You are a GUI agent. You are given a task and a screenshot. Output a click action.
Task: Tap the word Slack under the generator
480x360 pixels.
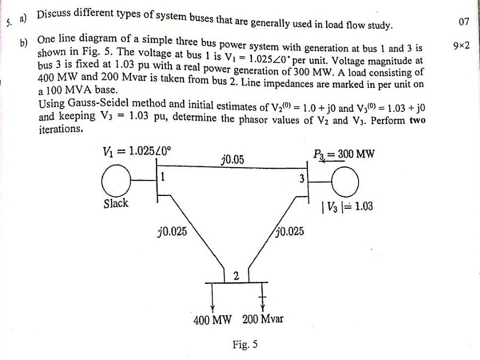(x=116, y=203)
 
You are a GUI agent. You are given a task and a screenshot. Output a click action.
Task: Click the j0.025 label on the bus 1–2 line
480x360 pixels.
(x=172, y=232)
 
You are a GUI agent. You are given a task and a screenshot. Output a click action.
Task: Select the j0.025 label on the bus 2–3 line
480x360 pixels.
(x=291, y=232)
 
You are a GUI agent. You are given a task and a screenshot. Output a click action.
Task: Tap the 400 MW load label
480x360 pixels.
(x=212, y=320)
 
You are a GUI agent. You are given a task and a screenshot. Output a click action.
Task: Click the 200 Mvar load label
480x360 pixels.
(x=263, y=320)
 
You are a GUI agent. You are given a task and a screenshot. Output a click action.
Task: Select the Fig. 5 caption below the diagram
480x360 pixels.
(x=245, y=345)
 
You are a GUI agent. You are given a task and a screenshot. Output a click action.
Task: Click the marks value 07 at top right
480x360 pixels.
(x=463, y=22)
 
